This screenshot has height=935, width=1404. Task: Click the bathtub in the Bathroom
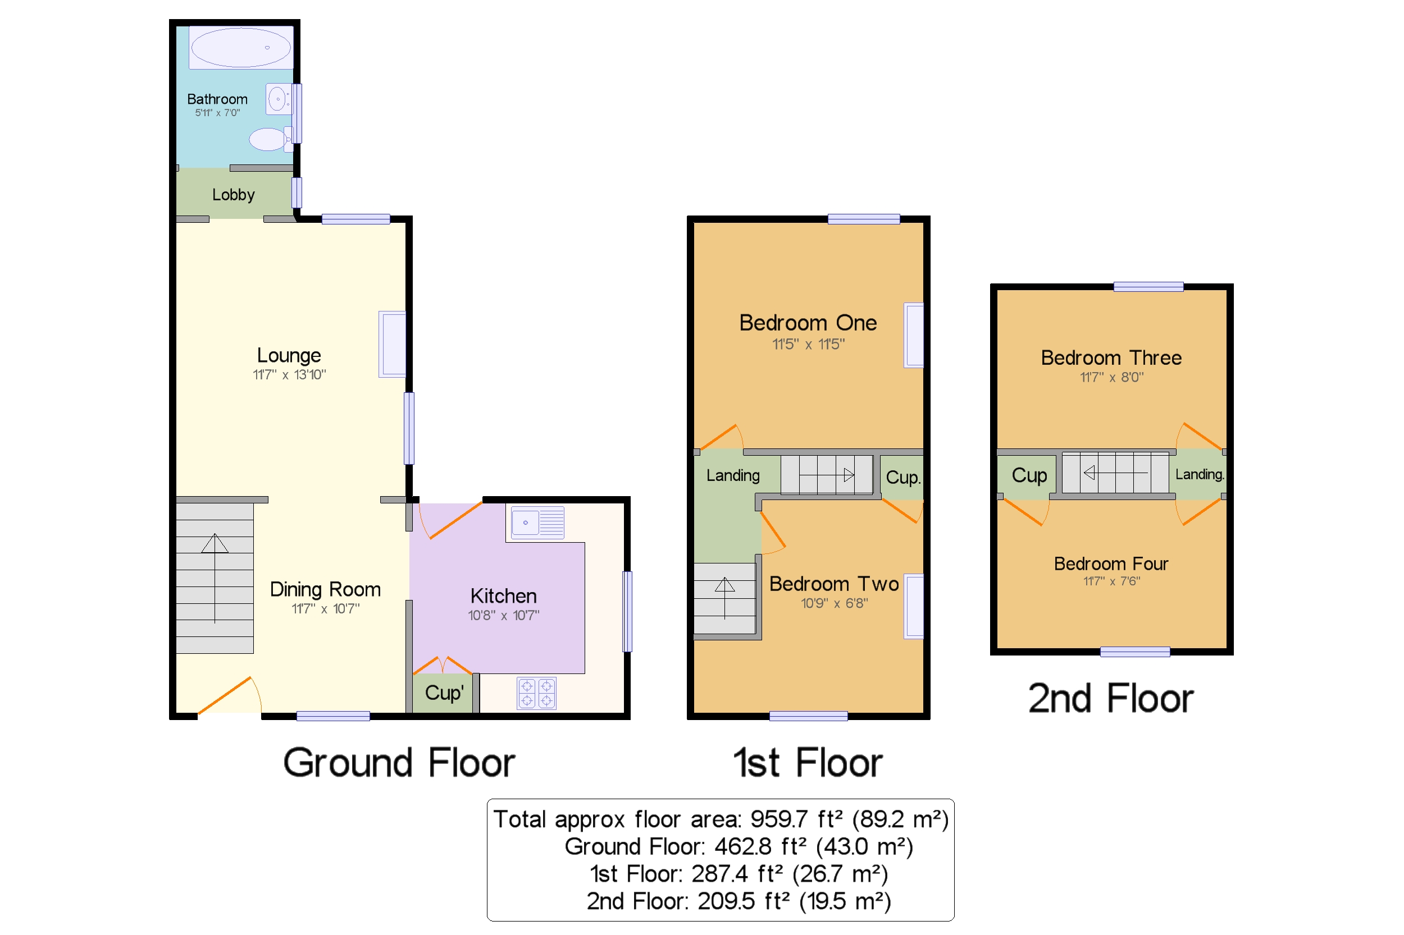(241, 48)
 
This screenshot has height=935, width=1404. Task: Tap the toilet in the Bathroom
(268, 140)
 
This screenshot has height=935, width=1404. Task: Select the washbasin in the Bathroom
(278, 99)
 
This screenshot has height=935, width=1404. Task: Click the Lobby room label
(233, 195)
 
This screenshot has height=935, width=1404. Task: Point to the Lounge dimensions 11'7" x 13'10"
(289, 375)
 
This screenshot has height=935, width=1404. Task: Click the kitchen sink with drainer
(537, 523)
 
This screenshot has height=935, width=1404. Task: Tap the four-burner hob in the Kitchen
(536, 694)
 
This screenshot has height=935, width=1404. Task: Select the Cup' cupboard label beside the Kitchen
(444, 693)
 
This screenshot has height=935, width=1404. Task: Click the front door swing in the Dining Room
(230, 696)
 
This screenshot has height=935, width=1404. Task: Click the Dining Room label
(325, 590)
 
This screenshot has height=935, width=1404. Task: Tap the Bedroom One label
(808, 323)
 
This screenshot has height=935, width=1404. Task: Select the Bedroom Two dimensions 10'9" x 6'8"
(834, 603)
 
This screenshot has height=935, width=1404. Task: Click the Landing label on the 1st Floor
(733, 476)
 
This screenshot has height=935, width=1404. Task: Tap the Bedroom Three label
(1111, 358)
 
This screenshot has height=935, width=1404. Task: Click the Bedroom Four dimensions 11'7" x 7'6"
(1111, 581)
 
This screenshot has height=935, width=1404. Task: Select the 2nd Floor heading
(1110, 699)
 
